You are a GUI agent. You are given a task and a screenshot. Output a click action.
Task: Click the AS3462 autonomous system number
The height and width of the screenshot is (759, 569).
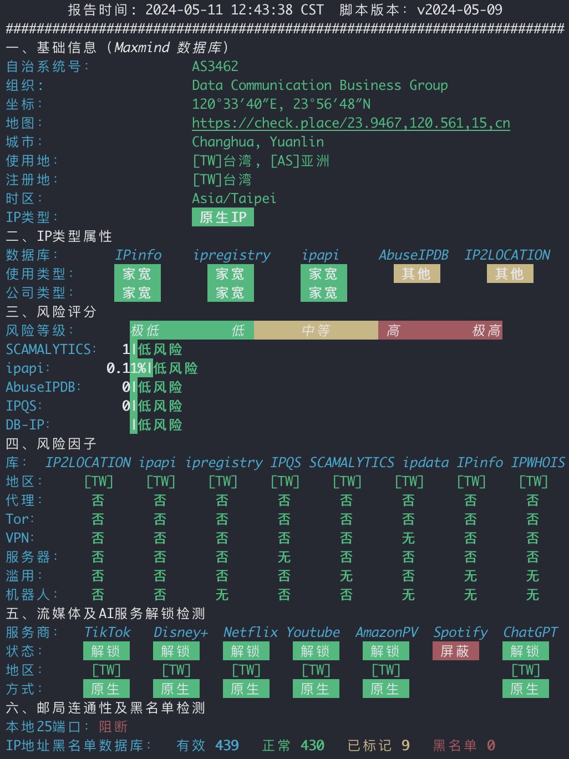pyautogui.click(x=215, y=67)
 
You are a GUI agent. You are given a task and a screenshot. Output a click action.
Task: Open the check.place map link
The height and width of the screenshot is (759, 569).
pyautogui.click(x=351, y=123)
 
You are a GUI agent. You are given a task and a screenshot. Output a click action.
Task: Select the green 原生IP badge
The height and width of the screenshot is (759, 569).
pyautogui.click(x=223, y=217)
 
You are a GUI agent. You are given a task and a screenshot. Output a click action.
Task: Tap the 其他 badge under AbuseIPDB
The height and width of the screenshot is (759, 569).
pyautogui.click(x=416, y=274)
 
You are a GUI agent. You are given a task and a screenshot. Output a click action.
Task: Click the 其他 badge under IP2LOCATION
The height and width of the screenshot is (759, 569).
pyautogui.click(x=510, y=274)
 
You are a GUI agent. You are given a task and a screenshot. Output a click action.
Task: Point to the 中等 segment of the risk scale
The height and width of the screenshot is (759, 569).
pyautogui.click(x=316, y=330)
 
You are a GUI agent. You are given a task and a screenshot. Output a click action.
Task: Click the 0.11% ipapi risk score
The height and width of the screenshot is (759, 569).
pyautogui.click(x=126, y=368)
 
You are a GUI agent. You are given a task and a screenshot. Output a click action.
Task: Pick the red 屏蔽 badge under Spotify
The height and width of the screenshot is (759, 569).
pyautogui.click(x=456, y=651)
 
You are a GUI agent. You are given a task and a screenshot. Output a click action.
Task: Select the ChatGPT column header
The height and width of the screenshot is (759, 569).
pyautogui.click(x=530, y=632)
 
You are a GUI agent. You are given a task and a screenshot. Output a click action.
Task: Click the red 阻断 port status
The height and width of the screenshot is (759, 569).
pyautogui.click(x=113, y=726)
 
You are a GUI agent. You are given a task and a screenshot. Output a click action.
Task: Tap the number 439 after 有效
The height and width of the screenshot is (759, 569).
pyautogui.click(x=227, y=745)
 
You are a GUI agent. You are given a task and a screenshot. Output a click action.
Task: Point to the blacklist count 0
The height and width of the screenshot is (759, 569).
pyautogui.click(x=491, y=745)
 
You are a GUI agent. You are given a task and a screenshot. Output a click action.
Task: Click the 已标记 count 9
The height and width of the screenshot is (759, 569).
pyautogui.click(x=405, y=745)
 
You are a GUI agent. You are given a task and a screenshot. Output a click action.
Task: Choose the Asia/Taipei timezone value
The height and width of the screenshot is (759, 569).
pyautogui.click(x=234, y=199)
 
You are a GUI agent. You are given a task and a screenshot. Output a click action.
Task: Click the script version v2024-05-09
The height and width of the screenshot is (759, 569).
pyautogui.click(x=460, y=9)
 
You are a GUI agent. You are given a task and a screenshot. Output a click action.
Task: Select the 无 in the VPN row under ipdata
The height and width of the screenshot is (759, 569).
pyautogui.click(x=408, y=538)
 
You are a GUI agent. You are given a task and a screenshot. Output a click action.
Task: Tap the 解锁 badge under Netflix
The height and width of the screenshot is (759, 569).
pyautogui.click(x=246, y=651)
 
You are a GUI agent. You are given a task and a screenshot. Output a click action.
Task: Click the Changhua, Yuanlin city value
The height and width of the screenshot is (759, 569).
pyautogui.click(x=258, y=142)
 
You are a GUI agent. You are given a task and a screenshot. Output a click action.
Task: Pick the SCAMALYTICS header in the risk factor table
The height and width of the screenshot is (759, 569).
pyautogui.click(x=351, y=462)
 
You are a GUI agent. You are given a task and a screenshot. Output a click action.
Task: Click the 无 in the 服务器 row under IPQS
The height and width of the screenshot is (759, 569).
pyautogui.click(x=284, y=557)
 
